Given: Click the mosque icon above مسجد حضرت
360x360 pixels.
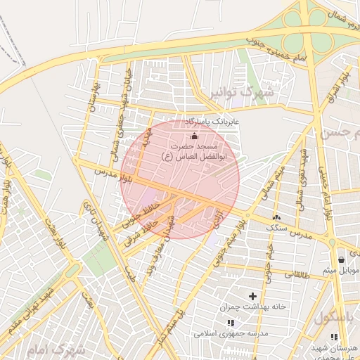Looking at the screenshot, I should pos(194,136).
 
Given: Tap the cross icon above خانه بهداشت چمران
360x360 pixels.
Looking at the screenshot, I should pos(252,296).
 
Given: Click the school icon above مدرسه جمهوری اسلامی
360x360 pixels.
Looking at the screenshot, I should pos(230,323).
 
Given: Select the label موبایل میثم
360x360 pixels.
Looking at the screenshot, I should pos(340,270).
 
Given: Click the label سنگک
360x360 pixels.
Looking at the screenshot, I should pos(276,228).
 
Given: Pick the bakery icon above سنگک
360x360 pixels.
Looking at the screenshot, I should pos(276,217).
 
